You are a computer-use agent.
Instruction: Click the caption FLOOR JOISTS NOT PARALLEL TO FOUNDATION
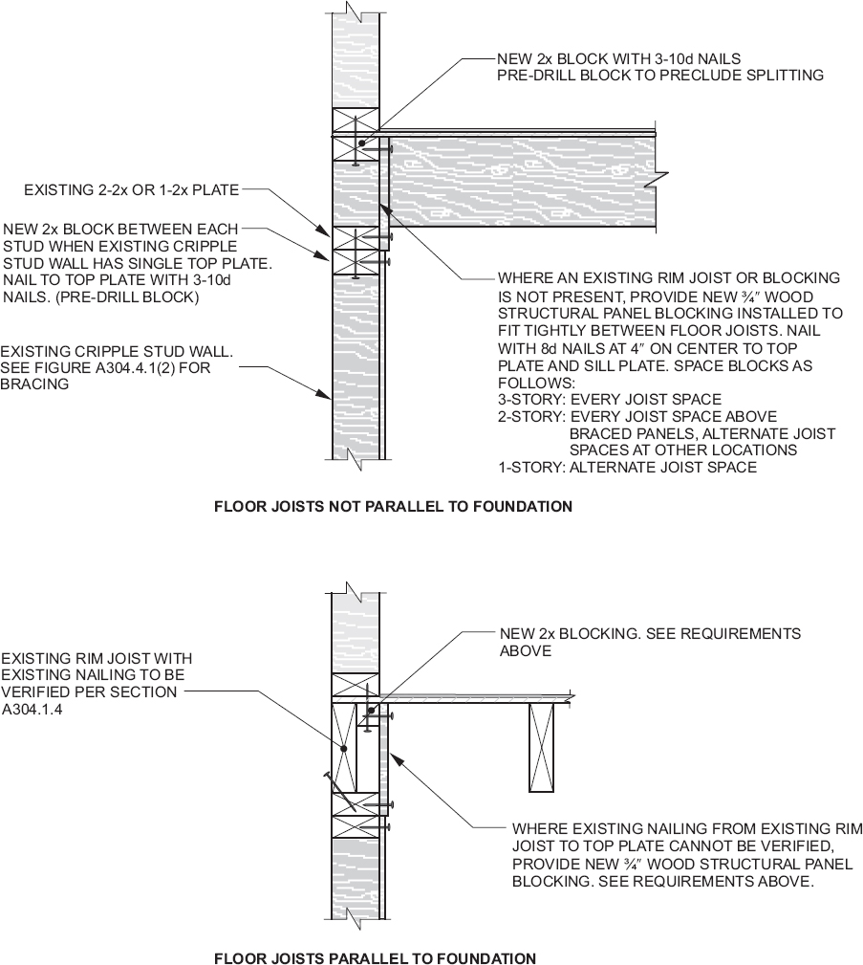393,506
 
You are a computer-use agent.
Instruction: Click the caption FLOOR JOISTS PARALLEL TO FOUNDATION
375,957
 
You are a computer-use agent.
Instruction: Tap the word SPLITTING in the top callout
781,75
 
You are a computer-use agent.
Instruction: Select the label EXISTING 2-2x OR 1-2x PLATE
130,190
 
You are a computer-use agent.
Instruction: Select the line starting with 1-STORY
627,468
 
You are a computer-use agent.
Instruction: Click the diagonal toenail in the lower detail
340,793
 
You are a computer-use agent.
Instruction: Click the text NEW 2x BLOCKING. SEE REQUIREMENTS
650,633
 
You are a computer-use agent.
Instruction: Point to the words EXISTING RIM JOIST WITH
96,658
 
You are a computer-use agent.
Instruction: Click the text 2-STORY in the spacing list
529,416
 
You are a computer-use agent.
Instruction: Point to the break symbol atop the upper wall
354,14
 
